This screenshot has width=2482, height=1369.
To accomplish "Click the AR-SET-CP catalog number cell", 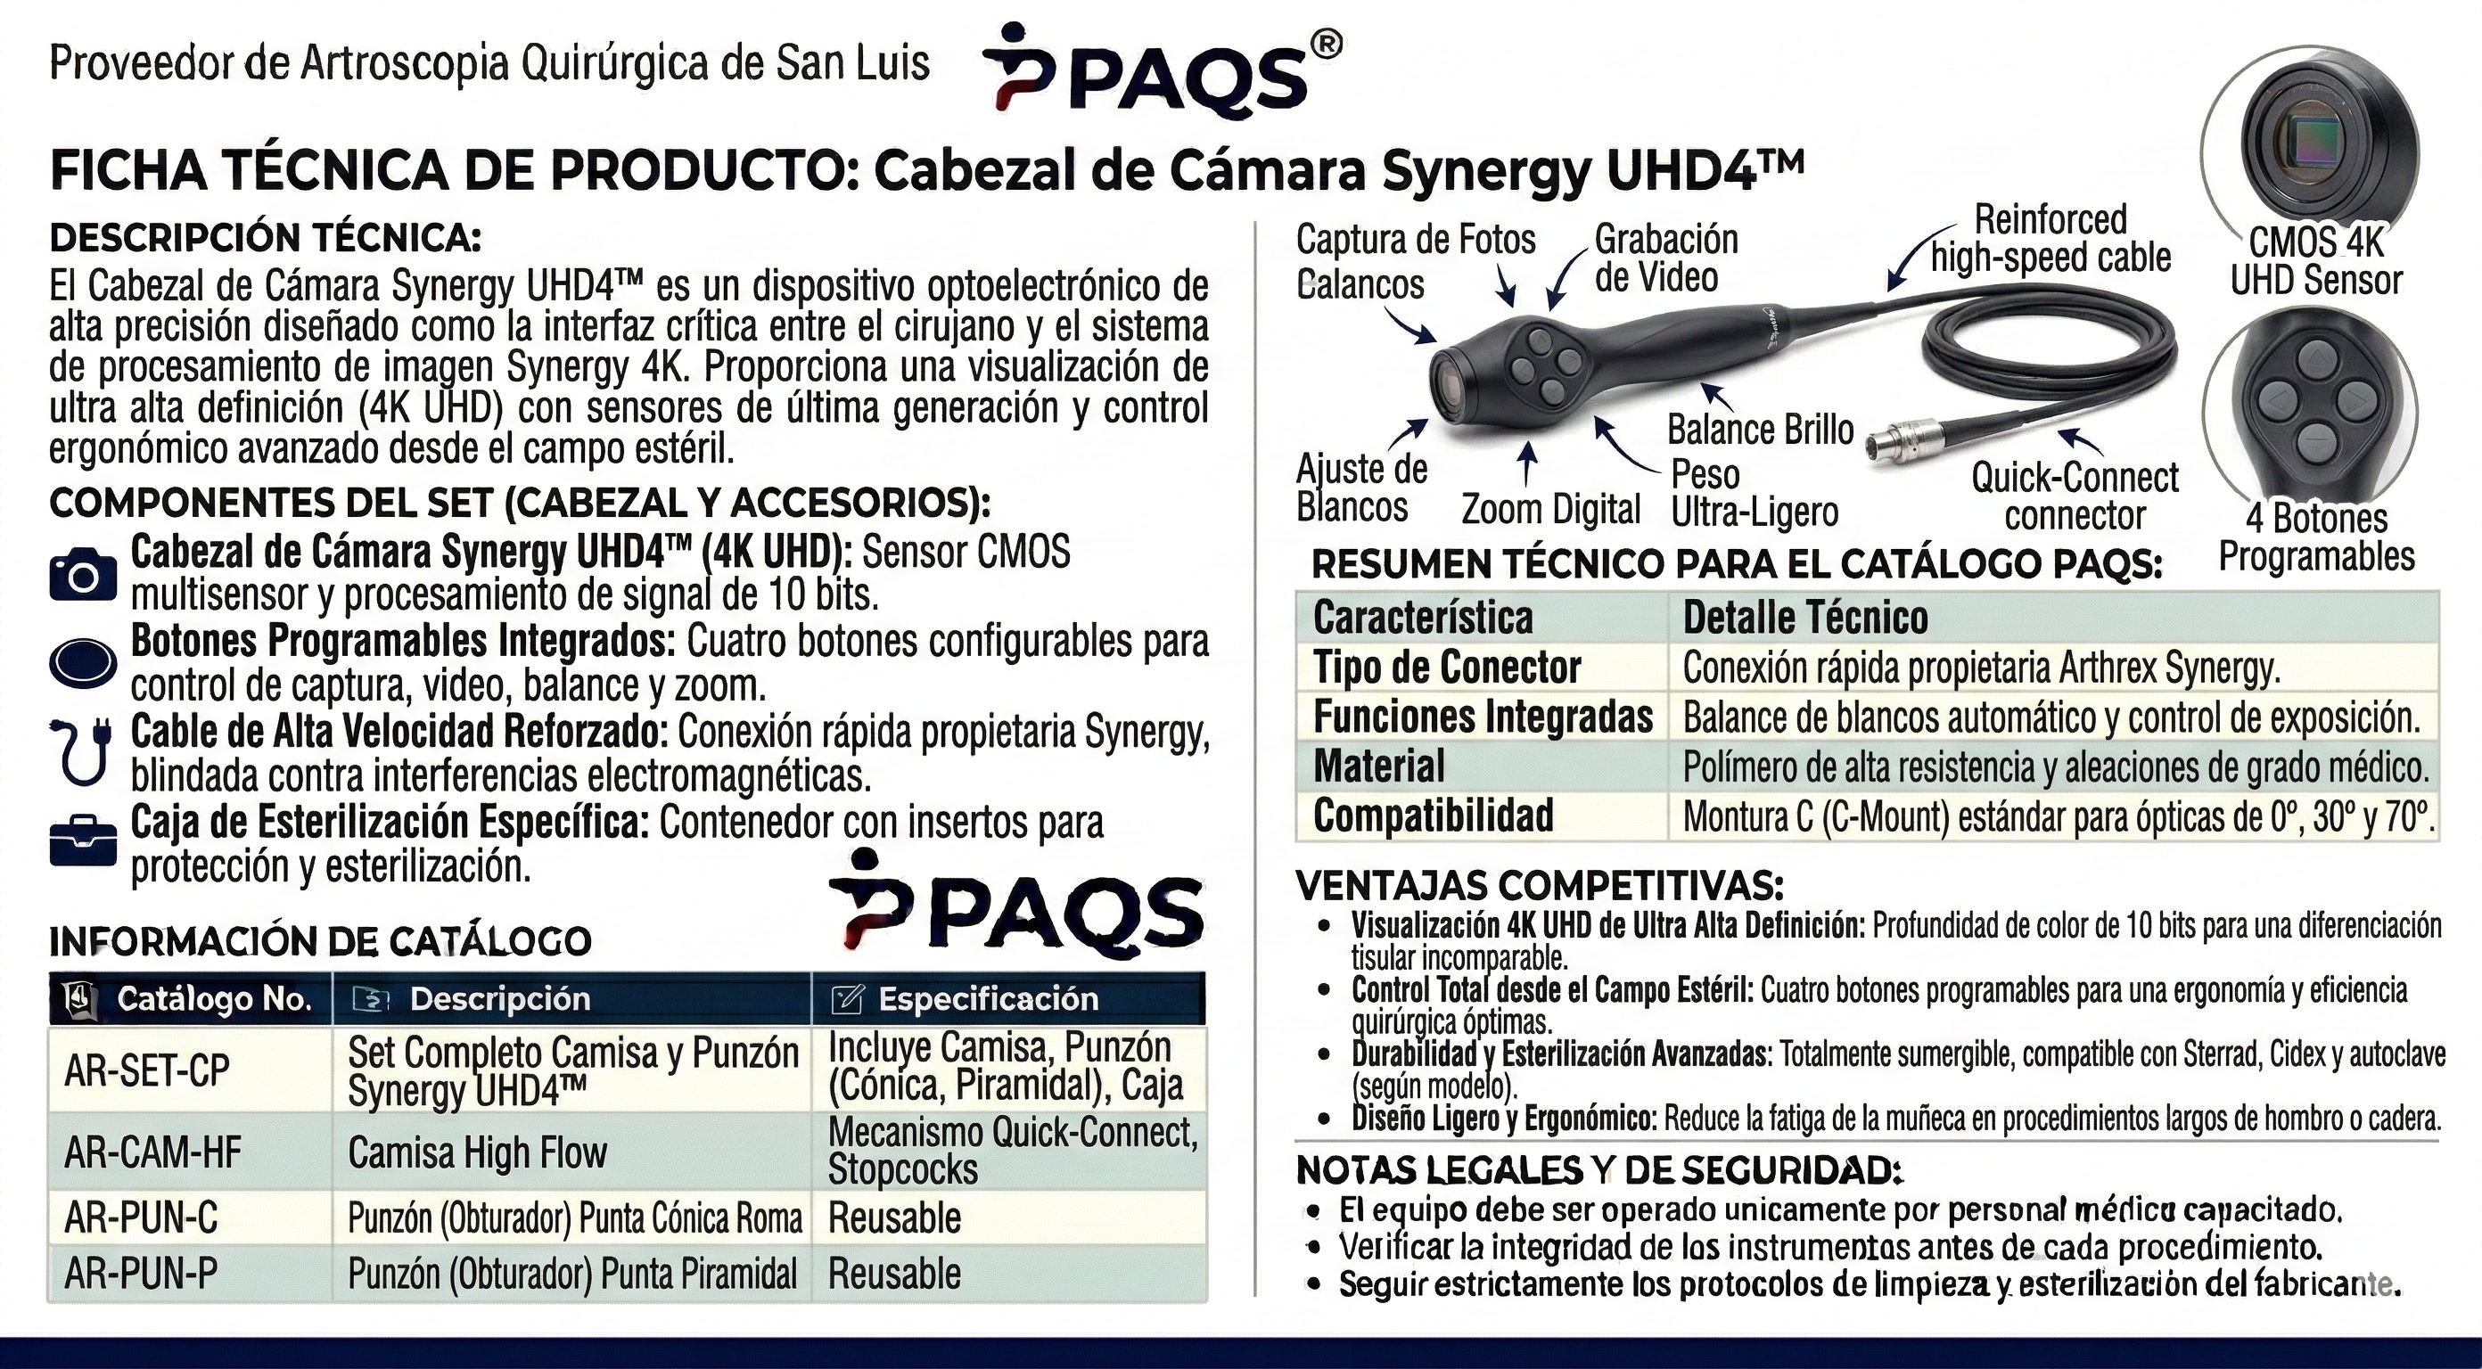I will coord(147,1070).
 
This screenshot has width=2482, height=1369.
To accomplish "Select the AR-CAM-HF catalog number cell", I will coord(153,1152).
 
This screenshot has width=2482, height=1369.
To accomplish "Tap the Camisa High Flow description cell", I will coord(478,1152).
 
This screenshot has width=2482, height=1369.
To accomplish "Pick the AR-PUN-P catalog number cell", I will coord(141,1274).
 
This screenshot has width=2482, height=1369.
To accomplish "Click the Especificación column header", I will coord(987,999).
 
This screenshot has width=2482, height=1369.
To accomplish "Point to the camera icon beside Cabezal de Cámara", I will coord(83,575).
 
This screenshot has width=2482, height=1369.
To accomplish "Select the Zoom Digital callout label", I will coord(1550,509).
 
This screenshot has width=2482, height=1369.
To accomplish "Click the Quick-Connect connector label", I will coord(2075,496).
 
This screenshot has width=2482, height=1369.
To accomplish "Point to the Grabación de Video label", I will coord(1666,258).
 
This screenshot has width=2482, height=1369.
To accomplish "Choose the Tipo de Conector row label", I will coord(1447,668).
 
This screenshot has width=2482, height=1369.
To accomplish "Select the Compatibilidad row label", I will coord(1434,816).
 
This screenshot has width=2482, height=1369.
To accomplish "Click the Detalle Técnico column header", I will coord(1805,618).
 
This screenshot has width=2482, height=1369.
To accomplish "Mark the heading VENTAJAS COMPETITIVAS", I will coord(1540,885).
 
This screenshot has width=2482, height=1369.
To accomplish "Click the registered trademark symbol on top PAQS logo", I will coord(1327,46).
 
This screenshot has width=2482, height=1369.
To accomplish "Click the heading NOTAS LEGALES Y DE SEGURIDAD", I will coord(1599,1170).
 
